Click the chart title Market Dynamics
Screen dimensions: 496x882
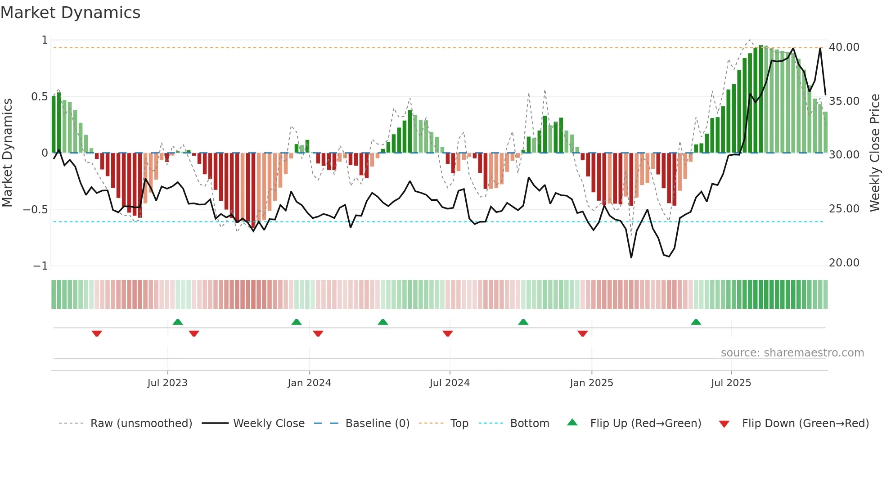pos(70,13)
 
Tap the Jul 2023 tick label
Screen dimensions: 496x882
pos(167,383)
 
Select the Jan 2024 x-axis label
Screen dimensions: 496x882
pos(309,383)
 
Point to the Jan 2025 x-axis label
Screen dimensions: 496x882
pos(591,383)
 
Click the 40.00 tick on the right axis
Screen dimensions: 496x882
pos(844,47)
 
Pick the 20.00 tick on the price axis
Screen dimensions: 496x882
pos(844,263)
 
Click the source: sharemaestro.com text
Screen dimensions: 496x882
pos(792,353)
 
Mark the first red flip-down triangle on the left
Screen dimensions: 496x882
pos(97,334)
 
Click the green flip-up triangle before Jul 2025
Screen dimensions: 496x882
pos(696,322)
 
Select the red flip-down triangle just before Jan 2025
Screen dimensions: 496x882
pos(583,334)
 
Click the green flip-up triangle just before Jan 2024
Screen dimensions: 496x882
pos(297,322)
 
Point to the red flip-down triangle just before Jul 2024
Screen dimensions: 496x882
pos(448,334)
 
